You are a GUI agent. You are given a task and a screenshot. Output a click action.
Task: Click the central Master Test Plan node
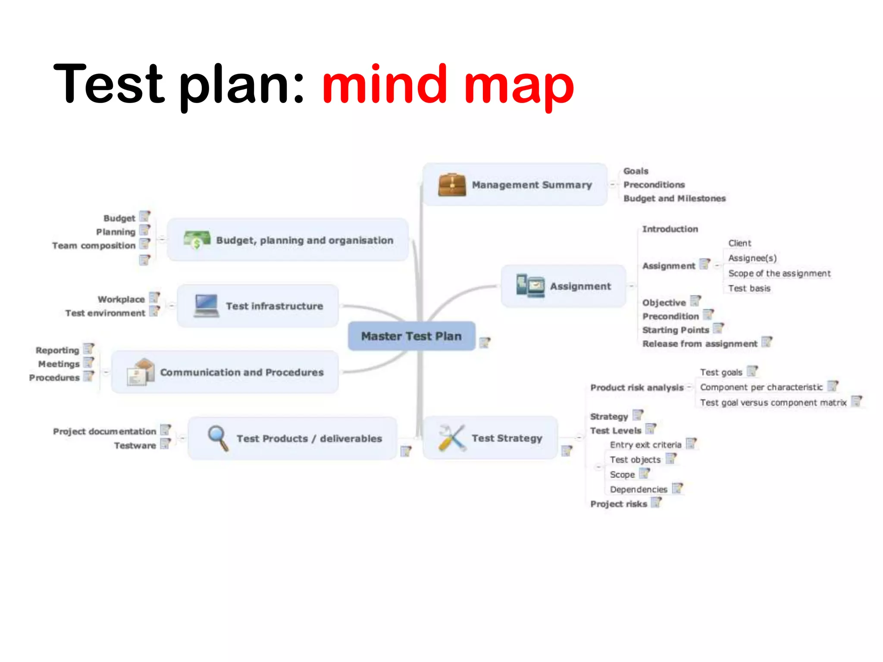coord(411,336)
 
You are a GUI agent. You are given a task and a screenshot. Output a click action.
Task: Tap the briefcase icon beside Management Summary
coord(451,185)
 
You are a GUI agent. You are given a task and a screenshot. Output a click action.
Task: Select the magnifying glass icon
coord(218,437)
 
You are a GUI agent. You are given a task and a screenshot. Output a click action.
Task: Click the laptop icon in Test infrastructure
coord(206,306)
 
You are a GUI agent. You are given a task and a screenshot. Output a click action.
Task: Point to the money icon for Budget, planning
coord(197,240)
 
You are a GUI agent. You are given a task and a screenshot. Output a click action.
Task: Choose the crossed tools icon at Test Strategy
coord(451,438)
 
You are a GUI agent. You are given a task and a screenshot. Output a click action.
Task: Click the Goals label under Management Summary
coord(636,171)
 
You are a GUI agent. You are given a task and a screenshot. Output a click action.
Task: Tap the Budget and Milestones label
coord(674,198)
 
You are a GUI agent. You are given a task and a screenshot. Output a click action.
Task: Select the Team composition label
coord(94,246)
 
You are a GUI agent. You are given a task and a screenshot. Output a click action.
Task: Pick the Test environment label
coord(105,313)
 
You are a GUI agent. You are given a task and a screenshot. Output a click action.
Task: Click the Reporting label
coord(57,350)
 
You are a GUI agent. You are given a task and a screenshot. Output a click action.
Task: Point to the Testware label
coord(135,446)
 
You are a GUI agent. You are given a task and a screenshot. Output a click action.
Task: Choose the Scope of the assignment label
coord(779,273)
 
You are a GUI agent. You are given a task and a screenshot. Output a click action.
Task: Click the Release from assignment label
coord(699,343)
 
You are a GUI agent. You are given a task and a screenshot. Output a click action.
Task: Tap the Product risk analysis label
coord(637,387)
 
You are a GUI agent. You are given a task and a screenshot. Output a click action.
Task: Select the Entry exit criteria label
coord(645,445)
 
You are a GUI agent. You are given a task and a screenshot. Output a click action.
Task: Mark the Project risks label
coord(619,504)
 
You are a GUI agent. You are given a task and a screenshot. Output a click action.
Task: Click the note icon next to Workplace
coord(154,298)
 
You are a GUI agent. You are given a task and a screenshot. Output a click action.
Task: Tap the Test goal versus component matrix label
coord(773,403)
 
